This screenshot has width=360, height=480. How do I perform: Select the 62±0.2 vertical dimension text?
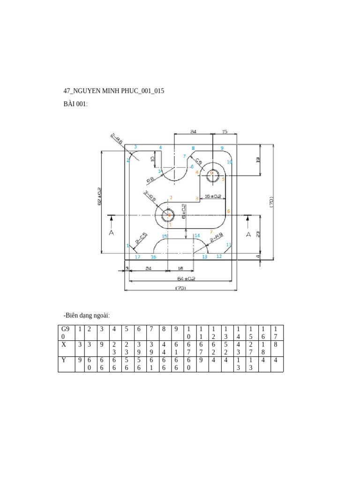pos(99,196)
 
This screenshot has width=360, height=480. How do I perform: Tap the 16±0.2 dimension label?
pos(213,196)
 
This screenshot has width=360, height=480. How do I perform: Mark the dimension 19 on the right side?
pos(258,160)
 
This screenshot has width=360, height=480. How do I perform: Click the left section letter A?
pos(111,232)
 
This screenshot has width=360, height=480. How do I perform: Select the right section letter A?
pos(248,233)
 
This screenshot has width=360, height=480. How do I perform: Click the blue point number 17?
pos(137,257)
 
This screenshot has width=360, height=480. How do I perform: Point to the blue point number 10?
pos(230,162)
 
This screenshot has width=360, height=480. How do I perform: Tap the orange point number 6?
pos(229,211)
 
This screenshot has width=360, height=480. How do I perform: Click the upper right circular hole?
pos(211,172)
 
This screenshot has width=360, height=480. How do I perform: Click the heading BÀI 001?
pos(75,104)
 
